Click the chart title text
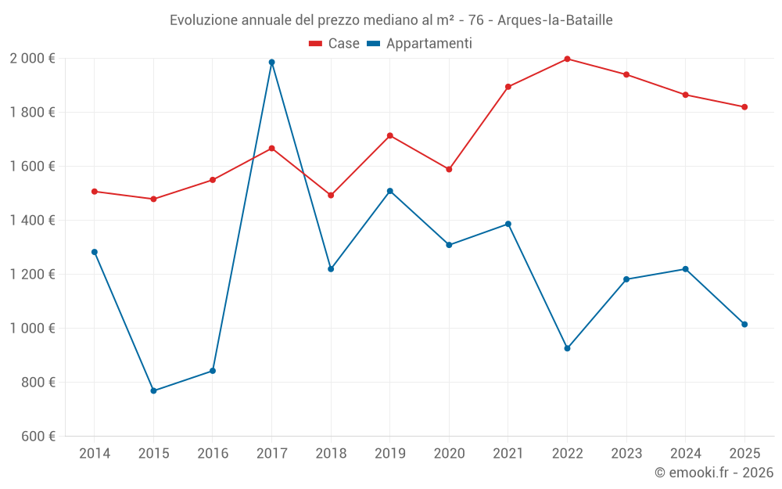tap(391, 20)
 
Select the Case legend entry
tap(334, 44)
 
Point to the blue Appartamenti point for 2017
tap(271, 63)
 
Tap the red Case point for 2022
tap(567, 59)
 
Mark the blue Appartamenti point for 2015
tap(153, 390)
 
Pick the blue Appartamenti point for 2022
tap(567, 348)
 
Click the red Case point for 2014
tap(94, 191)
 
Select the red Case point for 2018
tap(331, 195)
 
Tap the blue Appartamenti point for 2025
tap(744, 324)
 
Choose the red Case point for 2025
tap(744, 107)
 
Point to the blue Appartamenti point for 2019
tap(389, 191)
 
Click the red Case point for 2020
tap(449, 169)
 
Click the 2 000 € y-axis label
tap(32, 59)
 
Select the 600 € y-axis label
tap(37, 437)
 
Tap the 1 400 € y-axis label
tap(32, 221)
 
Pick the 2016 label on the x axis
tap(213, 454)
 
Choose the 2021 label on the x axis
tap(508, 454)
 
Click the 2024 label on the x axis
tap(685, 454)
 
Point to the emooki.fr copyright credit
tap(713, 473)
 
